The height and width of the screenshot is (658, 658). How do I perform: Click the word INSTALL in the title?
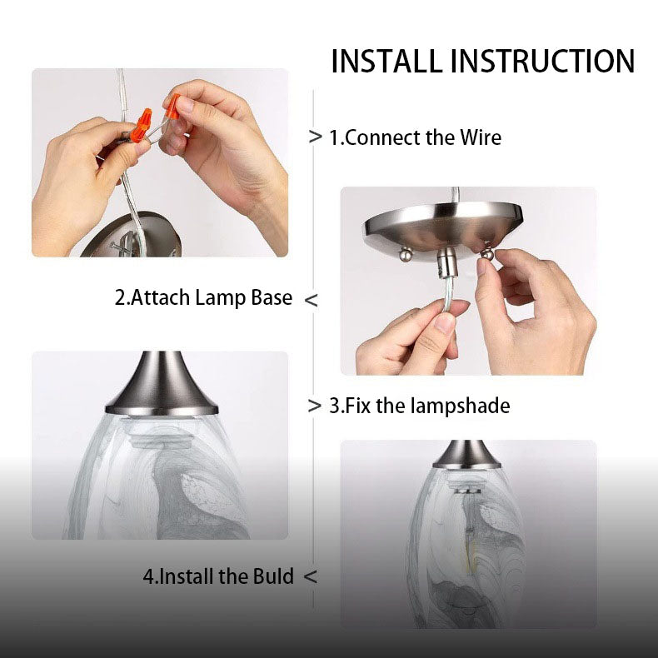point(386,62)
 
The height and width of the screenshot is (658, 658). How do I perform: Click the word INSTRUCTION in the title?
point(542,62)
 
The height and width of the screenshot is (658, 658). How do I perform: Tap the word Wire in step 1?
point(481,137)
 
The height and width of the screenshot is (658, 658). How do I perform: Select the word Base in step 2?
point(272,297)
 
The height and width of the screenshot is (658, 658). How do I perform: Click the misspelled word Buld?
point(273,576)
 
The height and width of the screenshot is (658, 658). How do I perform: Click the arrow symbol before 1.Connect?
point(315,137)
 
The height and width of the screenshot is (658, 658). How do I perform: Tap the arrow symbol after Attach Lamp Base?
point(311,300)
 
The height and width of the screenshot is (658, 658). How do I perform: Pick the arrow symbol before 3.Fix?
point(314,406)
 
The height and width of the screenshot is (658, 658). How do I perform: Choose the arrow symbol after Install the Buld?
point(310,576)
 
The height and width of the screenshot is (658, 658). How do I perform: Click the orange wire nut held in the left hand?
point(141,126)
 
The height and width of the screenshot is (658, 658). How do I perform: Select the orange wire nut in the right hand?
point(172,107)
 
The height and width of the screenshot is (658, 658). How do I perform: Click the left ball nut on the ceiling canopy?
point(406,254)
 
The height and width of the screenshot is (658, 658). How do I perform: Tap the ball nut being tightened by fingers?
point(486,254)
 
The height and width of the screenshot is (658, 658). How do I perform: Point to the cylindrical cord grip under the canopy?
point(446,262)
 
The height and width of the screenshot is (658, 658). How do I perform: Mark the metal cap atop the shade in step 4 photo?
point(466,455)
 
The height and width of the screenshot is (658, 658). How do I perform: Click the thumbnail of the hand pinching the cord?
point(468,281)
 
